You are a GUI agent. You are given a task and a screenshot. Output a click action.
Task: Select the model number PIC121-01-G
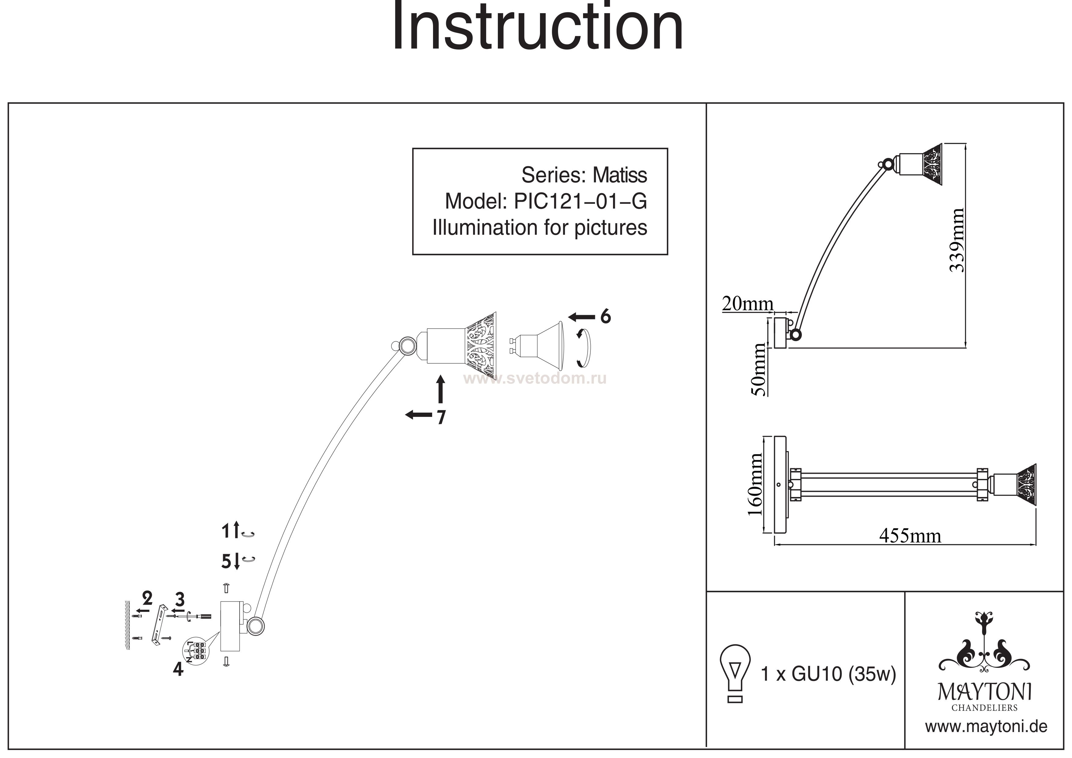coord(580,201)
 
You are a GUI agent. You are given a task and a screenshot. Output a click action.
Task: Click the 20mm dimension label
coord(747,304)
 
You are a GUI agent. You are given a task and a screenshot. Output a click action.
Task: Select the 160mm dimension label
coord(755,484)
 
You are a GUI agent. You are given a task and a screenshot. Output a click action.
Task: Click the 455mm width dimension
coord(910,536)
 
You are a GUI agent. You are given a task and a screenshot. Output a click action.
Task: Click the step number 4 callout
coord(178,670)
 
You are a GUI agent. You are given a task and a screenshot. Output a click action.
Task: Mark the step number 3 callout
coord(180,599)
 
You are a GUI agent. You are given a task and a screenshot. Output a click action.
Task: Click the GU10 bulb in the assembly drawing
coord(537,346)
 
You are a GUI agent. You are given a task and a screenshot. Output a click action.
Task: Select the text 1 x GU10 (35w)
coord(828,674)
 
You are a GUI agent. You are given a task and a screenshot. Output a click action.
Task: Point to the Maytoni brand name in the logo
coord(985,692)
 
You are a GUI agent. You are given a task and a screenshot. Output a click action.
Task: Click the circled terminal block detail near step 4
coord(196,650)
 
